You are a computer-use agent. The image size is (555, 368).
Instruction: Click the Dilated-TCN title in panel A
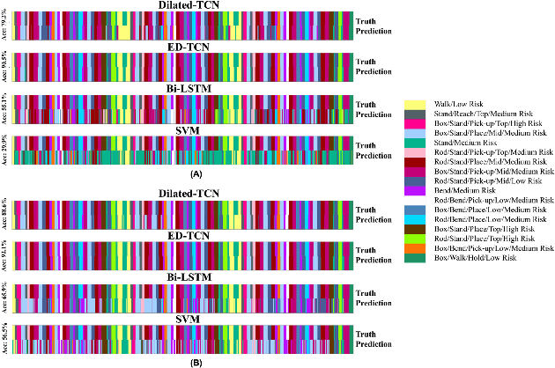(x=182, y=6)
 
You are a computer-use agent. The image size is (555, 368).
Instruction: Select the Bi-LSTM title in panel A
(x=182, y=87)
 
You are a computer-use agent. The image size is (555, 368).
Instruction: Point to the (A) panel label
(x=182, y=174)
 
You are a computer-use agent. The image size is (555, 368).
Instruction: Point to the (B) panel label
(x=182, y=362)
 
